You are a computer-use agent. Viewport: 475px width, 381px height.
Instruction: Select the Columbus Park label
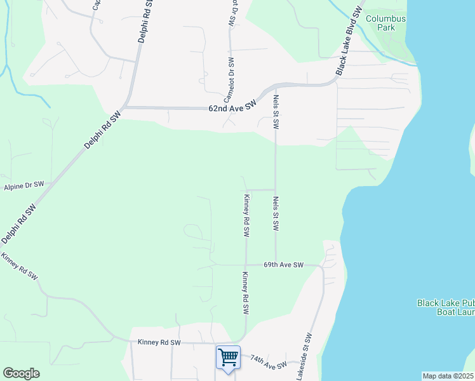385,23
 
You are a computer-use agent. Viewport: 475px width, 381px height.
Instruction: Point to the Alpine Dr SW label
23,185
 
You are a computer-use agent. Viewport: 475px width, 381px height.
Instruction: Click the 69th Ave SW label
284,264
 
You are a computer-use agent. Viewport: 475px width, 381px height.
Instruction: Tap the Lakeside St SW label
304,358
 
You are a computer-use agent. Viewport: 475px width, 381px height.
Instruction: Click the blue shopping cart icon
228,357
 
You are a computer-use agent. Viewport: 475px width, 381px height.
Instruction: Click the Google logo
21,373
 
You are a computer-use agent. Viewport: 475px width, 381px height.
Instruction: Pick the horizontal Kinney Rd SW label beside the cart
159,342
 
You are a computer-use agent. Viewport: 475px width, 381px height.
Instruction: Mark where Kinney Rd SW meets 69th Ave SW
246,265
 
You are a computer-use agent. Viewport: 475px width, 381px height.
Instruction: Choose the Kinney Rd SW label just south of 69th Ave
244,293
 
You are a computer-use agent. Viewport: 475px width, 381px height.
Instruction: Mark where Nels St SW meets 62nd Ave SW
275,86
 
